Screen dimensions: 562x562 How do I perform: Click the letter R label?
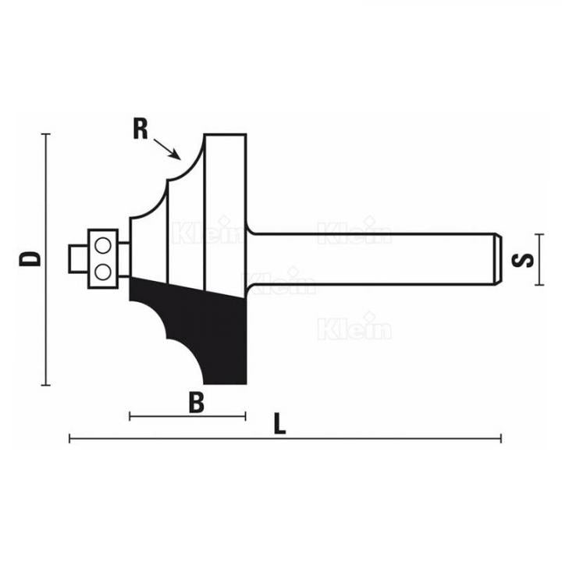(140, 128)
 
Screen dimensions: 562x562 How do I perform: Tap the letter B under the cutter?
(197, 403)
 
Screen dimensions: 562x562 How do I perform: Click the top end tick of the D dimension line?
(48, 134)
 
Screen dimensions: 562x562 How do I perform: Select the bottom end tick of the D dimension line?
(48, 385)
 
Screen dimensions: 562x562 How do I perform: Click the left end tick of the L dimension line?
(70, 439)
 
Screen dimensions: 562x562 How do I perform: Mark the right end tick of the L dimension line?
(501, 439)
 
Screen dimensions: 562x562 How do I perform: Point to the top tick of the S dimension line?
(538, 233)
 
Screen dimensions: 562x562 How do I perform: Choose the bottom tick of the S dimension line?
(538, 284)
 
